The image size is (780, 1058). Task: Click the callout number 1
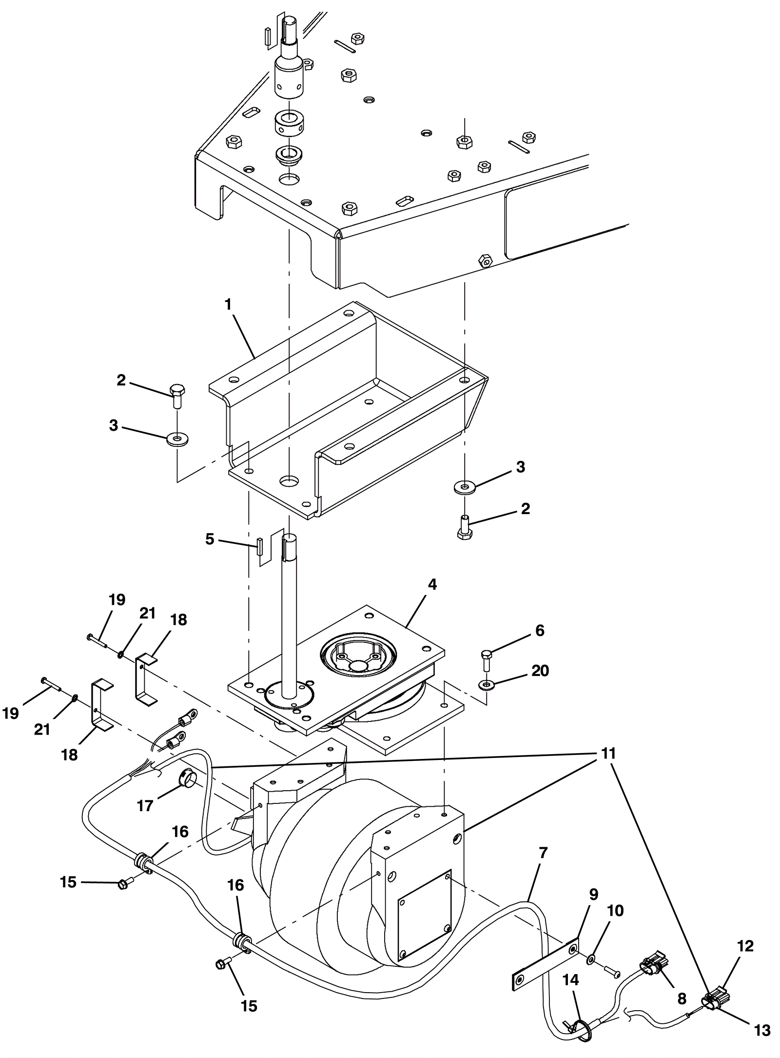point(228,304)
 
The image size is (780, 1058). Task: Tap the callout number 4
point(432,585)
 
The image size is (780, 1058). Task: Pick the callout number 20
point(540,671)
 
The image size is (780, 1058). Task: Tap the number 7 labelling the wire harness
point(544,853)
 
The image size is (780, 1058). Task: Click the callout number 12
point(745,946)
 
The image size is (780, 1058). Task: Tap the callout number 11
point(606,754)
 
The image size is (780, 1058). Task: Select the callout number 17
point(145,805)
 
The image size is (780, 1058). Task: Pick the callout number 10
point(615,910)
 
